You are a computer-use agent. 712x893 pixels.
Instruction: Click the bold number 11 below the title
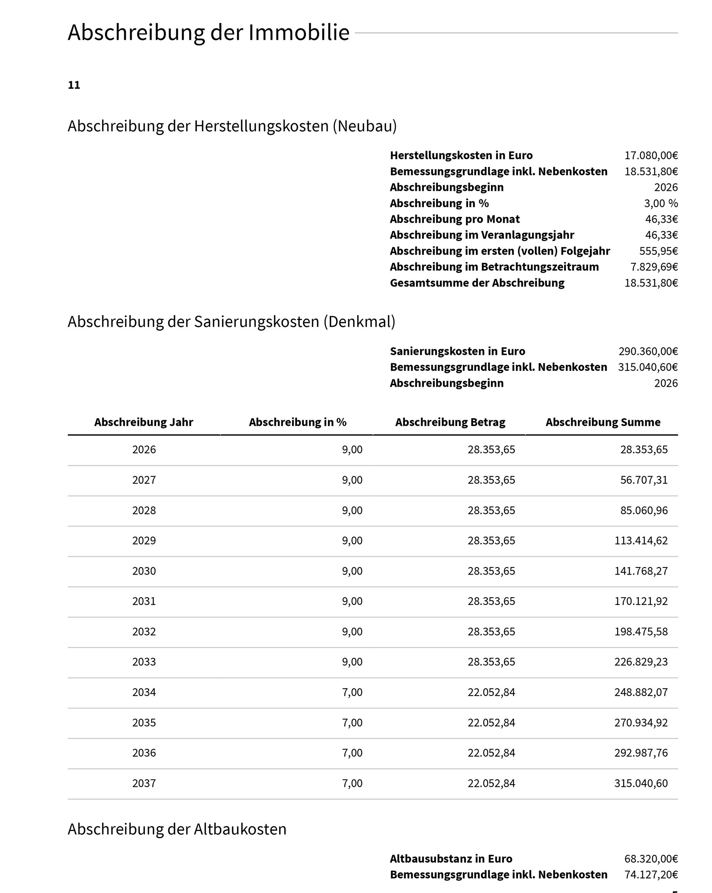pyautogui.click(x=74, y=85)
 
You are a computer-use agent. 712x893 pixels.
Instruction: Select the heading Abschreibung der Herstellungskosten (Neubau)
pyautogui.click(x=232, y=126)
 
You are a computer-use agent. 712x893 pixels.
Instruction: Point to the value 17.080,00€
pyautogui.click(x=651, y=155)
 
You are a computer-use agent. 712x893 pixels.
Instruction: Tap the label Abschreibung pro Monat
pyautogui.click(x=455, y=219)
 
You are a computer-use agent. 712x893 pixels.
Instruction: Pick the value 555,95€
pyautogui.click(x=658, y=251)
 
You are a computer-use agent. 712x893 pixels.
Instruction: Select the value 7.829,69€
pyautogui.click(x=654, y=267)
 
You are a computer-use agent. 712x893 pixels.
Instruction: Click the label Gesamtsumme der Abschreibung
pyautogui.click(x=477, y=283)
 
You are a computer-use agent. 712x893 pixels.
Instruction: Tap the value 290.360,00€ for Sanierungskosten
pyautogui.click(x=648, y=351)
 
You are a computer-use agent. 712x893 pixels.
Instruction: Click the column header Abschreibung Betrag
pyautogui.click(x=450, y=422)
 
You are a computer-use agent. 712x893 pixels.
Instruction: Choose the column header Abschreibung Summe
pyautogui.click(x=603, y=422)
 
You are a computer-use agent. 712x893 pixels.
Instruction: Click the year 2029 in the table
pyautogui.click(x=144, y=540)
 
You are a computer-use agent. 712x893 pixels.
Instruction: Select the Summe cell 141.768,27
pyautogui.click(x=641, y=571)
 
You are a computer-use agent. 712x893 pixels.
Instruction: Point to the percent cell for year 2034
pyautogui.click(x=352, y=692)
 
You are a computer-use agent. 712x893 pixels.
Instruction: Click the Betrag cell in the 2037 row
pyautogui.click(x=491, y=783)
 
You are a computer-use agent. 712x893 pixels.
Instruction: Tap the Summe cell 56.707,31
pyautogui.click(x=644, y=480)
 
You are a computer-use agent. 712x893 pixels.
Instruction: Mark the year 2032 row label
pyautogui.click(x=144, y=632)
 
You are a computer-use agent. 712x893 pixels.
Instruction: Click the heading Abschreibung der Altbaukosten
pyautogui.click(x=177, y=829)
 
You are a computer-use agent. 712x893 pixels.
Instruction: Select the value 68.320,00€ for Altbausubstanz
pyautogui.click(x=651, y=858)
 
